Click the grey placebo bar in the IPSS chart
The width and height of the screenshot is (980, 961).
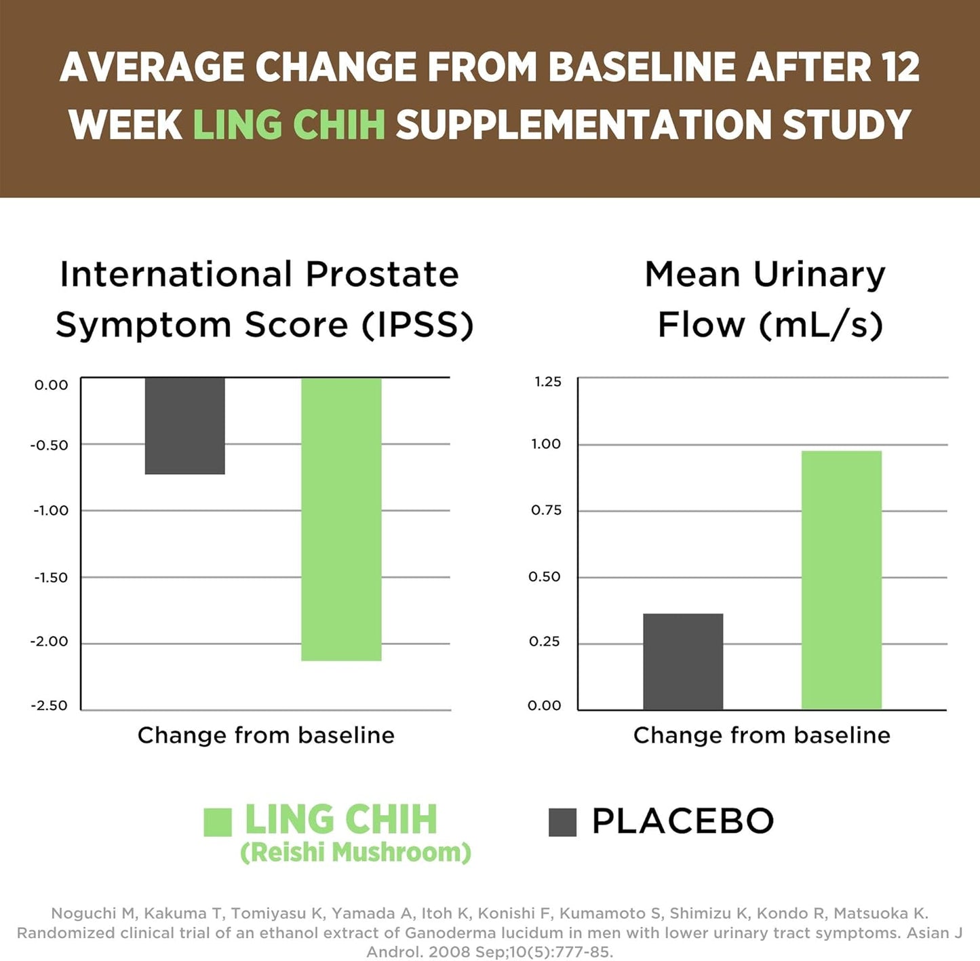click(184, 425)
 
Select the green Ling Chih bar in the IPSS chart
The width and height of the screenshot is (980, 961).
click(341, 519)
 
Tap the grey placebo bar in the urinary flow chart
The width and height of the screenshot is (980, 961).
click(683, 661)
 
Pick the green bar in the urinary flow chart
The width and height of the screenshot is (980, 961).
click(842, 580)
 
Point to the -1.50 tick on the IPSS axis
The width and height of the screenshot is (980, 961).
click(51, 578)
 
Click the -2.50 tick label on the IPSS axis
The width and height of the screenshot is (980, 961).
click(50, 706)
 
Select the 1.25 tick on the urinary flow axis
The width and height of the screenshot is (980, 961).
click(548, 382)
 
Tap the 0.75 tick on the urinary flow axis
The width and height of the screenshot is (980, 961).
click(547, 511)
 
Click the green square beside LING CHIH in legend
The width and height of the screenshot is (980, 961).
click(218, 822)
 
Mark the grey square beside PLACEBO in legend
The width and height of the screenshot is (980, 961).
click(562, 822)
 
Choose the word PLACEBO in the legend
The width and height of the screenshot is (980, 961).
click(682, 821)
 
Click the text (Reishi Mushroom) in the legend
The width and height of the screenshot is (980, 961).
click(355, 852)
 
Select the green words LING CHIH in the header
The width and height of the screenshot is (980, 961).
click(289, 125)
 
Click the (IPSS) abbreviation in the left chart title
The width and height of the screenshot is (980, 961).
click(417, 325)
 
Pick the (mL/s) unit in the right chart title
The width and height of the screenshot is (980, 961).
click(821, 325)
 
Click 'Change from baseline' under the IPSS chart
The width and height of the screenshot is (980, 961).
click(266, 735)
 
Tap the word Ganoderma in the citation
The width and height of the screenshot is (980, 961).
click(450, 933)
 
